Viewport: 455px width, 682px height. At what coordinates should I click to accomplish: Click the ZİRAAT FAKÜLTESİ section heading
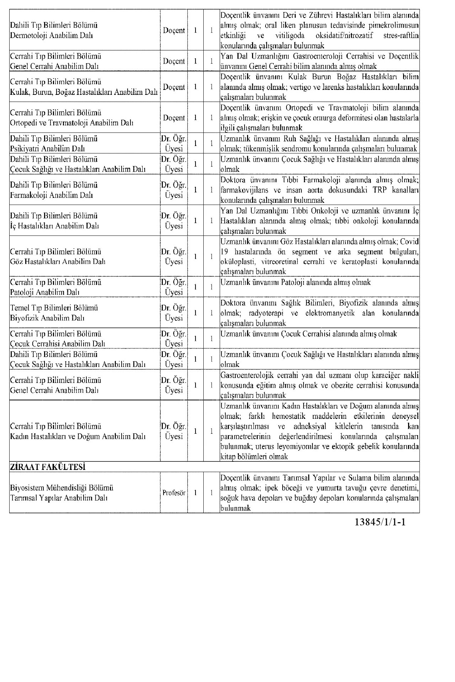[48, 467]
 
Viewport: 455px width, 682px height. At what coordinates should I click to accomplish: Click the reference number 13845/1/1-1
[380, 523]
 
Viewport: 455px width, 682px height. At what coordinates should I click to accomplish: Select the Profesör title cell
[174, 493]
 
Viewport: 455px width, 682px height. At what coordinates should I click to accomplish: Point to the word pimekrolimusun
[397, 26]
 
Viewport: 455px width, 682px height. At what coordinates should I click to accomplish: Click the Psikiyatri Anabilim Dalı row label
[47, 148]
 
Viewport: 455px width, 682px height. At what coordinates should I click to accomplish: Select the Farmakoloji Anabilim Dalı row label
[52, 195]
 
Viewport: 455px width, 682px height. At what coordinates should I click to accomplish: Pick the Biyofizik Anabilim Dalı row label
[47, 318]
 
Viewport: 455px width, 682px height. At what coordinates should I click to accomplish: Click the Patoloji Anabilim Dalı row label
[45, 292]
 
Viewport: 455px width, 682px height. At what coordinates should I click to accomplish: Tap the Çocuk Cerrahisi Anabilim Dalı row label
[58, 343]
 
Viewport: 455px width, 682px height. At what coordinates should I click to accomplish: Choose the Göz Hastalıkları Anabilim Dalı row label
[58, 262]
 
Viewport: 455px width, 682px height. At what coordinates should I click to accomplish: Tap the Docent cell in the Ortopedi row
[174, 118]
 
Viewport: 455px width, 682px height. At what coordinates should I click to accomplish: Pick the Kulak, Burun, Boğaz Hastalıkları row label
[84, 92]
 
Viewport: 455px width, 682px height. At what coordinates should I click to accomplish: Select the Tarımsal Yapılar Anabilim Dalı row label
[59, 498]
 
